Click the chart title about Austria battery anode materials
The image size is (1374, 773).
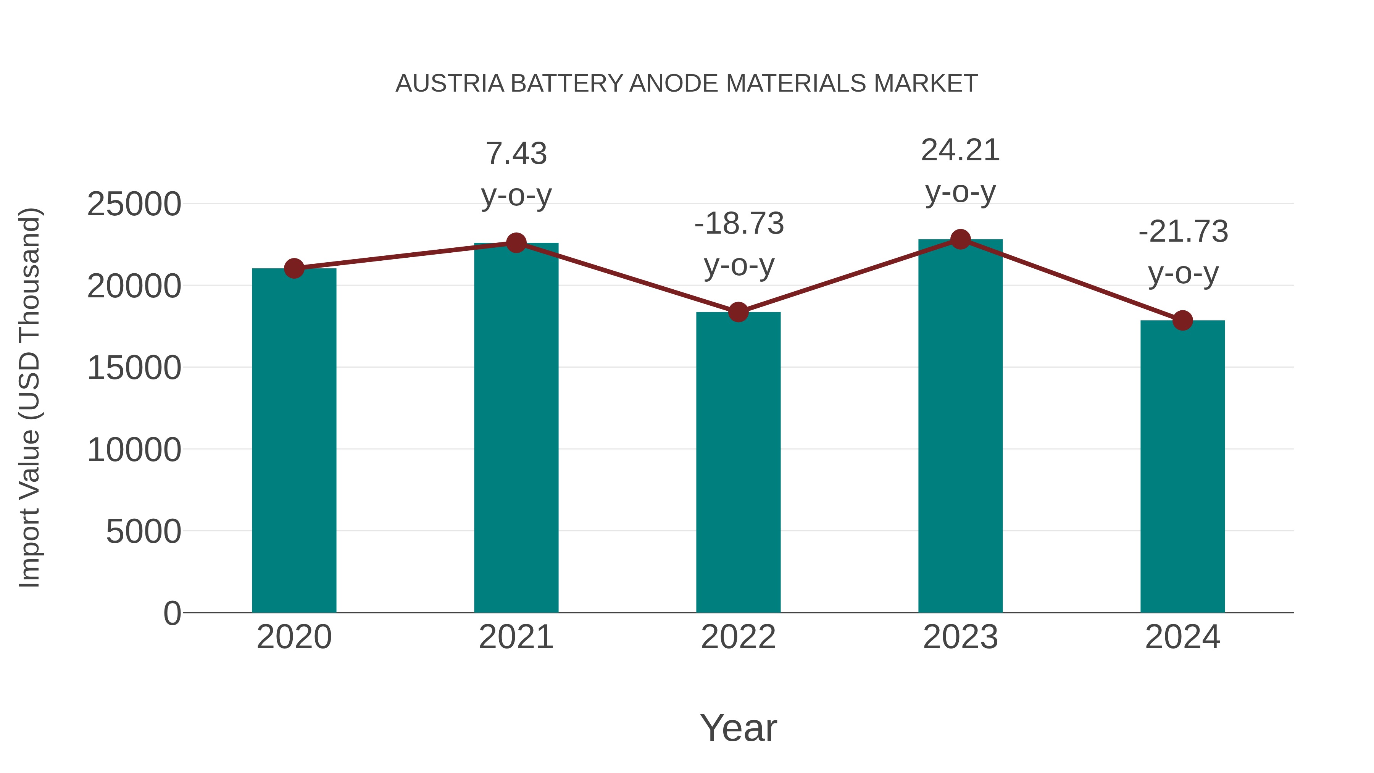[x=687, y=84]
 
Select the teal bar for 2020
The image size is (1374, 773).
[x=294, y=440]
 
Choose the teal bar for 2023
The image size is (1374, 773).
[x=960, y=426]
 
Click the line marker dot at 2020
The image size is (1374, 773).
[x=294, y=268]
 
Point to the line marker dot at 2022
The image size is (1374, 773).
[x=738, y=312]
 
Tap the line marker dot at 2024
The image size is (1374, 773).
[x=1182, y=321]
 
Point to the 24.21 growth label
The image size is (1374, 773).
[x=960, y=150]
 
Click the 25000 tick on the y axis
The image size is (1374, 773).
[x=134, y=204]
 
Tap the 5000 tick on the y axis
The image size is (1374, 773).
[x=144, y=532]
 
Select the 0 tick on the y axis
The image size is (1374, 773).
[x=172, y=613]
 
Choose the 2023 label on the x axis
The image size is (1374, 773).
[x=960, y=637]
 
